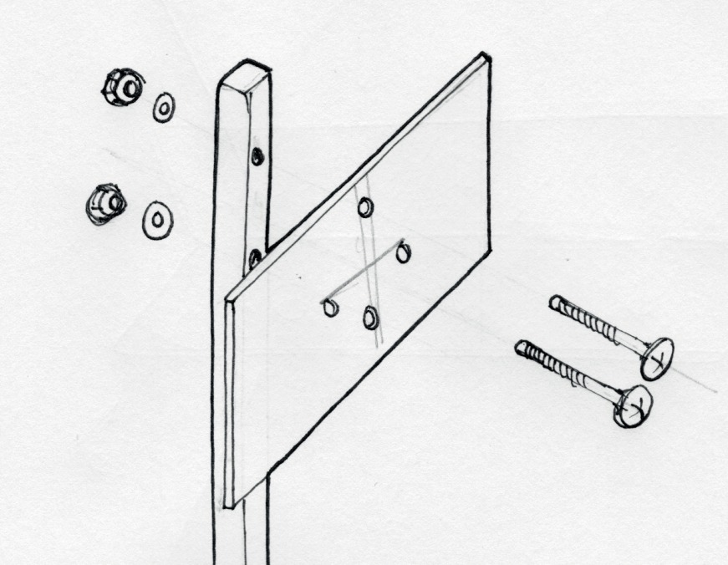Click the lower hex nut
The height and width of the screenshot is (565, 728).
point(104,203)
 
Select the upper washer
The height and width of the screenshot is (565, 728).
point(163,107)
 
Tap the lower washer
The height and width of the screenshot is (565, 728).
point(156,220)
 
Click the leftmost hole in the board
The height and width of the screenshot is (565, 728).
point(329,308)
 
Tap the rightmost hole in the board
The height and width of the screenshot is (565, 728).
point(404,252)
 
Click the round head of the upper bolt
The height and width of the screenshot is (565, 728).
point(657,357)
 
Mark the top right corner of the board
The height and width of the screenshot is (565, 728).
point(485,57)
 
